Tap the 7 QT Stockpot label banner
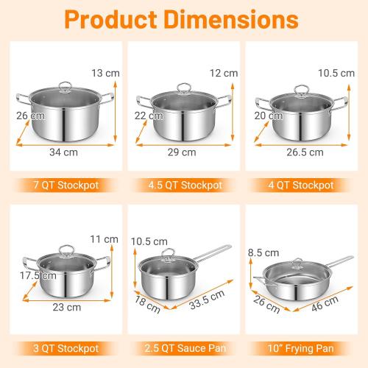[62, 185]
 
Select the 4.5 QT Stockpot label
[183, 185]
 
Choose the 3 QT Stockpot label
[62, 347]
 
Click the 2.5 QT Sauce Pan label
[183, 347]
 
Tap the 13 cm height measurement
[104, 72]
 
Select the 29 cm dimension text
[183, 152]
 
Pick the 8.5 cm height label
[262, 252]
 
